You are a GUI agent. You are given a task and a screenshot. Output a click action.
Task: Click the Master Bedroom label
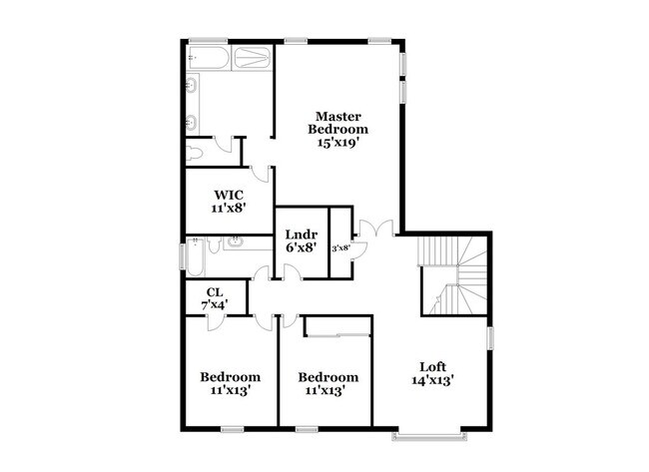[x=337, y=122]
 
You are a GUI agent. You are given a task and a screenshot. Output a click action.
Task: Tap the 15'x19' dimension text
[x=337, y=143]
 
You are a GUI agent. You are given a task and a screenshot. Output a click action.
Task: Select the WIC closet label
[x=228, y=195]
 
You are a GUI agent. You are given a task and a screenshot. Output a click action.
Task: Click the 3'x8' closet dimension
[x=340, y=246]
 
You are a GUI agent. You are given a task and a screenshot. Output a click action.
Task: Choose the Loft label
[x=432, y=365]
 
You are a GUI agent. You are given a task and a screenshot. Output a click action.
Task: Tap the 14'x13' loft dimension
[x=432, y=380]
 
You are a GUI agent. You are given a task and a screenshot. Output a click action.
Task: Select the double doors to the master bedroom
[x=370, y=228]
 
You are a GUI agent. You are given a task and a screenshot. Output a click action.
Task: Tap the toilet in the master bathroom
[x=197, y=152]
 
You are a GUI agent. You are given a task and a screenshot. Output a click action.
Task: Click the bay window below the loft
[x=427, y=436]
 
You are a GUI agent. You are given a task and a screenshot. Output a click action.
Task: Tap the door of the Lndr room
[x=264, y=274]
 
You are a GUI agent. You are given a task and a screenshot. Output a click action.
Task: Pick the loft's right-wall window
[x=489, y=339]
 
